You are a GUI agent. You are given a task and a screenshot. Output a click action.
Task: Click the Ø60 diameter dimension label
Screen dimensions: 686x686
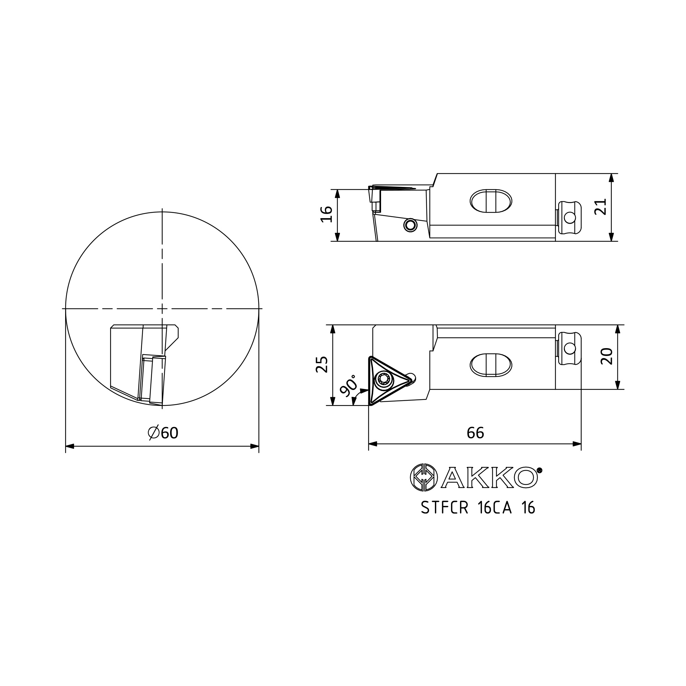pyautogui.click(x=163, y=433)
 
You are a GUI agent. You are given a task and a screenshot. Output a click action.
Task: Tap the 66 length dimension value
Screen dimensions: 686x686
pyautogui.click(x=475, y=433)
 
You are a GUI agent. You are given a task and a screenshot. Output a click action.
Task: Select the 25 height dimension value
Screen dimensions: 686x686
pyautogui.click(x=322, y=364)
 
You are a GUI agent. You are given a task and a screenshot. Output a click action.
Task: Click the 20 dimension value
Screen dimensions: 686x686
pyautogui.click(x=607, y=356)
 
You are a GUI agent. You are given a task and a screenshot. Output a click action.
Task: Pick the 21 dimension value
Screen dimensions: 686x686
pyautogui.click(x=601, y=206)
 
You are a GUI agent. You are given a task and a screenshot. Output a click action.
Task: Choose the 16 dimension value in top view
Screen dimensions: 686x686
pyautogui.click(x=327, y=214)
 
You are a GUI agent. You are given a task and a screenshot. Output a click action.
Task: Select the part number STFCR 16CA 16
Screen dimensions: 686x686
pyautogui.click(x=478, y=508)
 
